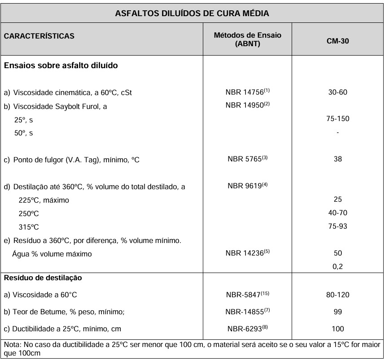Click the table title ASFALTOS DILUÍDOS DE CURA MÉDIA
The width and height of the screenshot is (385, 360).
click(x=192, y=13)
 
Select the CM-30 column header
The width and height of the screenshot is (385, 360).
click(x=337, y=40)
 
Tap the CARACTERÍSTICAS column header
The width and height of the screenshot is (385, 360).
click(x=39, y=36)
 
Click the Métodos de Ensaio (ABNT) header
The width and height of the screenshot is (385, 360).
click(x=248, y=40)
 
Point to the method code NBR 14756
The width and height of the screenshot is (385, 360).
click(x=245, y=93)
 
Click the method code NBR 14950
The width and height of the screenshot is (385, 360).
click(x=245, y=106)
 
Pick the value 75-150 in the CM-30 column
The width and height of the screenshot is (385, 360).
click(x=337, y=119)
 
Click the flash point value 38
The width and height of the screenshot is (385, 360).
click(x=337, y=159)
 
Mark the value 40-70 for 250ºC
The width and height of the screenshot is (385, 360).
click(x=337, y=213)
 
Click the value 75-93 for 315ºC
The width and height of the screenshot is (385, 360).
click(x=337, y=226)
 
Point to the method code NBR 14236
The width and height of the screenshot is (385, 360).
click(x=245, y=253)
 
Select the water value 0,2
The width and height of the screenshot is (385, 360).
click(x=337, y=267)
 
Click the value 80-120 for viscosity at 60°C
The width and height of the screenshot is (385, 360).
click(x=337, y=295)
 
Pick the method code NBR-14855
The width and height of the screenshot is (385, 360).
click(x=246, y=312)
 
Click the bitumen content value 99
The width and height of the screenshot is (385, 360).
click(x=337, y=312)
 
